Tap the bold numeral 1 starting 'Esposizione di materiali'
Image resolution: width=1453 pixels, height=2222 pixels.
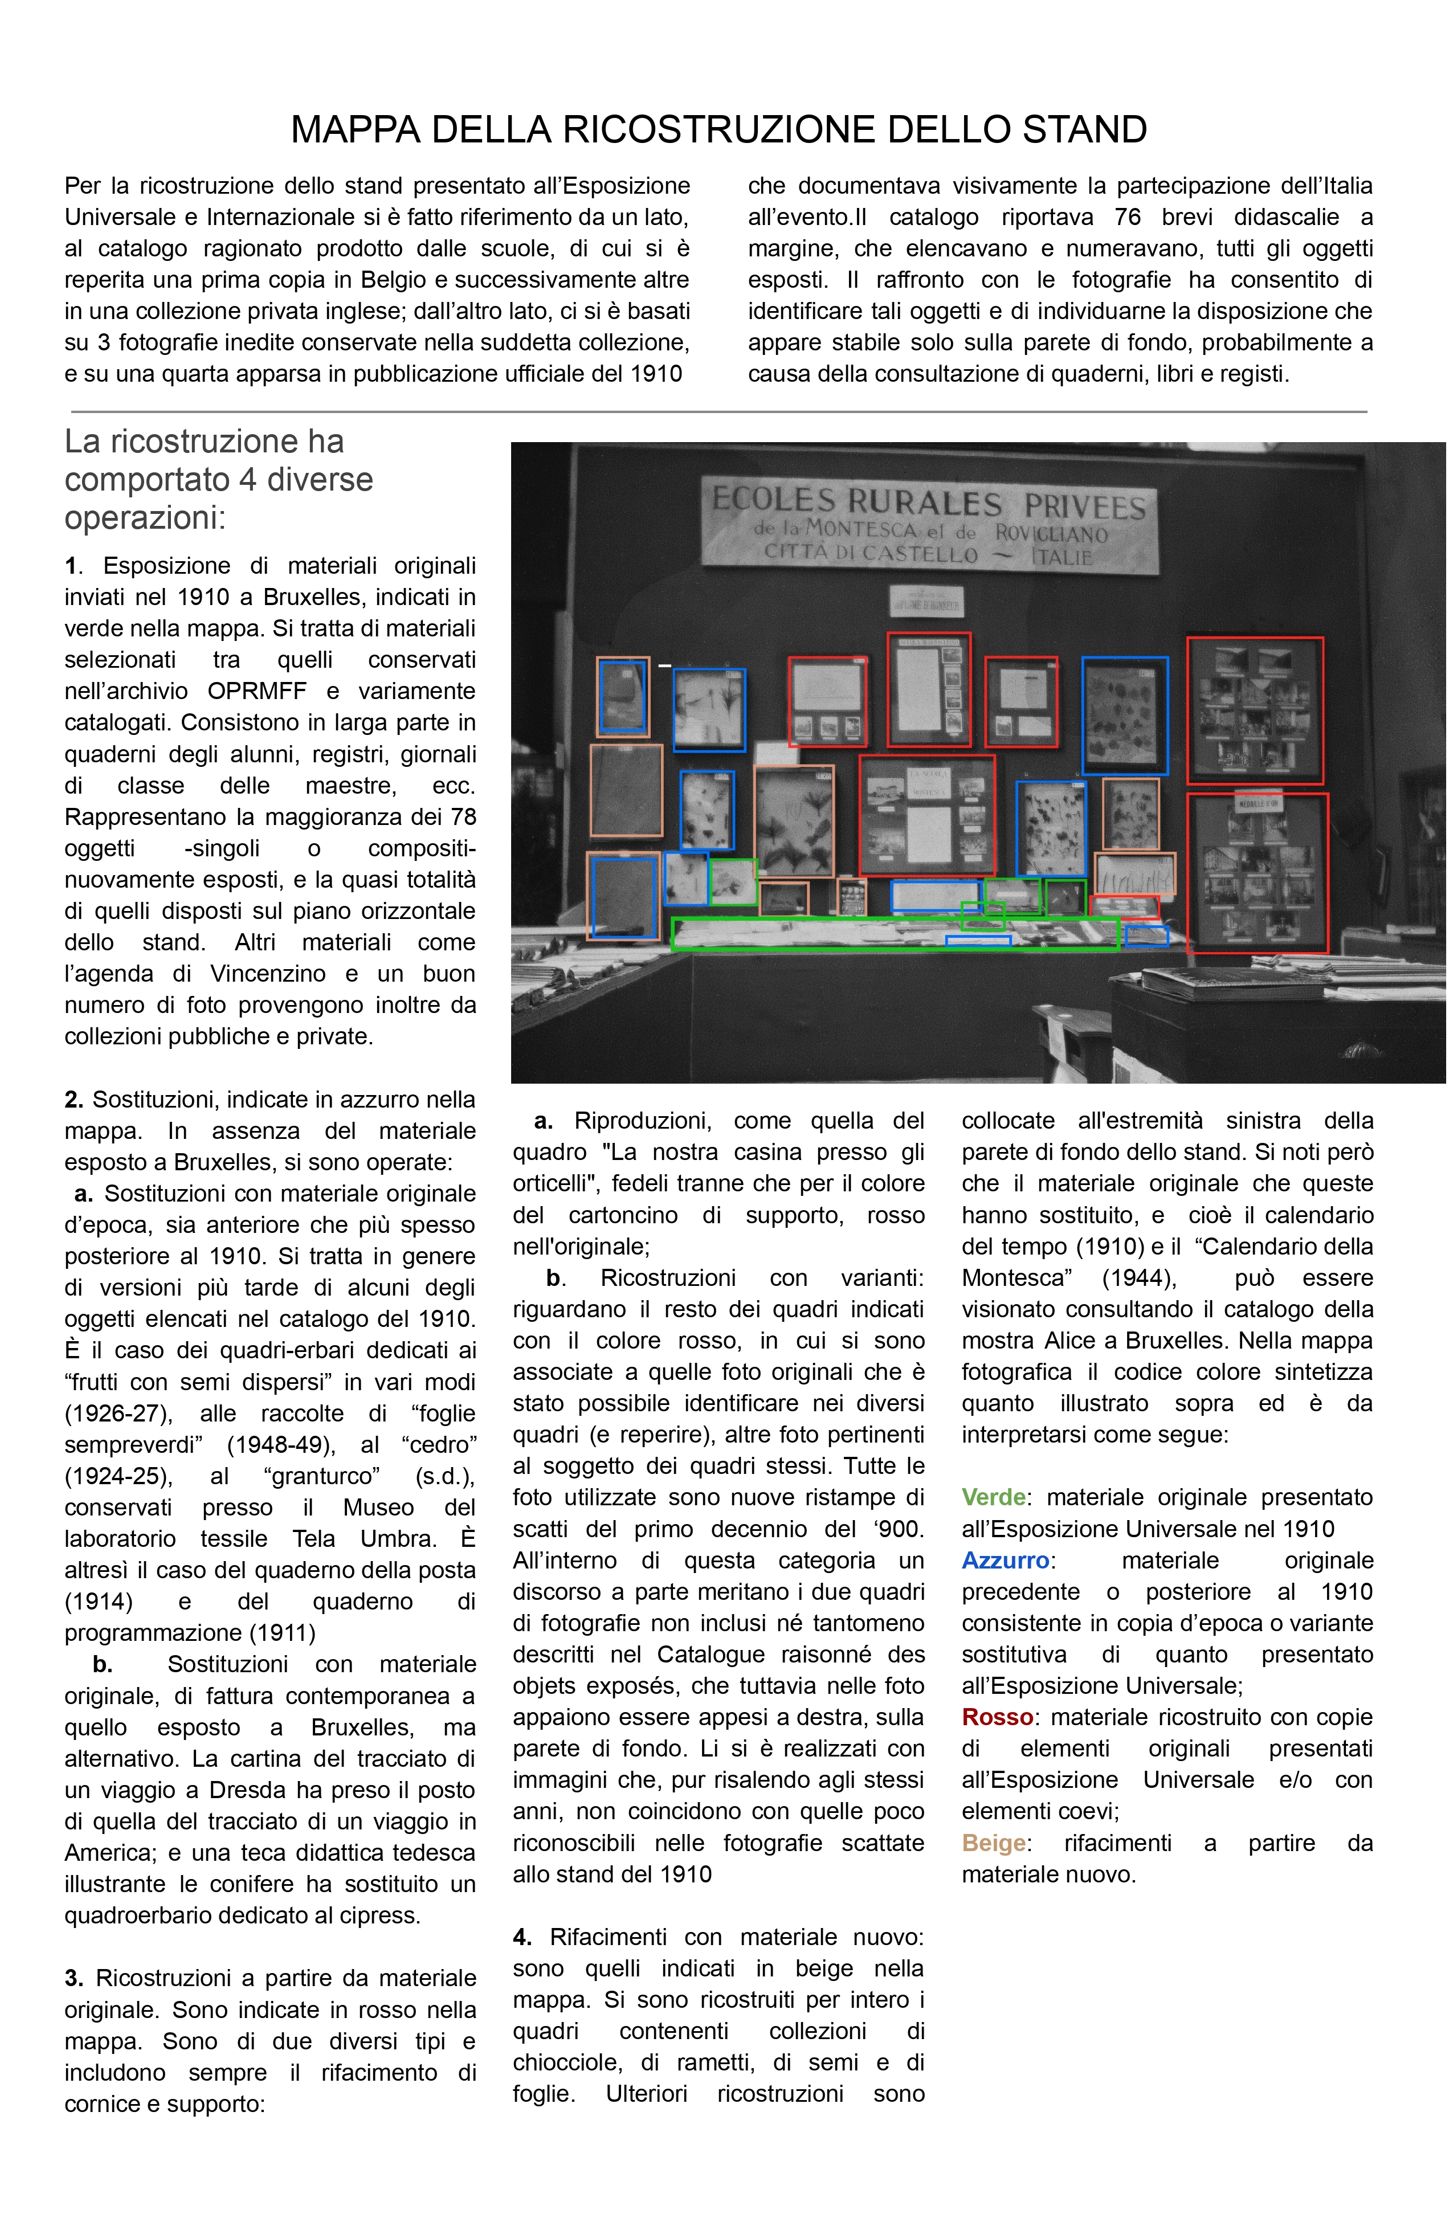point(70,566)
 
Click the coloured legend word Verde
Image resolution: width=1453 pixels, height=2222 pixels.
point(993,1497)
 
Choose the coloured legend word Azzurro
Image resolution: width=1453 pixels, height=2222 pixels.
point(1005,1560)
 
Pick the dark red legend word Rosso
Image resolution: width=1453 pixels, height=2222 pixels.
point(997,1717)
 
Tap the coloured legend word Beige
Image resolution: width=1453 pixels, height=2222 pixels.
point(994,1843)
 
